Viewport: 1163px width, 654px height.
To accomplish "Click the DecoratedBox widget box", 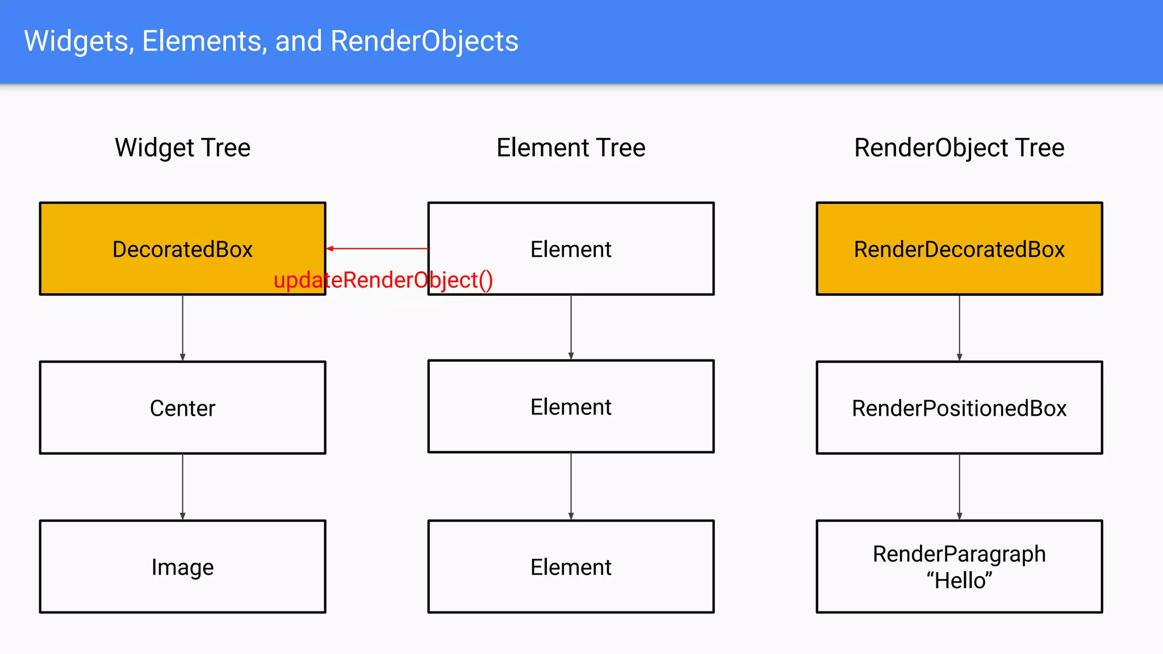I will point(182,249).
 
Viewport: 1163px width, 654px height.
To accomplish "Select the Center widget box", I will point(182,408).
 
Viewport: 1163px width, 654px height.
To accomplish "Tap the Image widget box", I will point(182,567).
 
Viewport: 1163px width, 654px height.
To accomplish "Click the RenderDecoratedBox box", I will point(959,249).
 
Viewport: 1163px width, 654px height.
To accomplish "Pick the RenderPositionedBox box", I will point(959,408).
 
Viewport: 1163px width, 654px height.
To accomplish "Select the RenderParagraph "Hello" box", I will point(959,567).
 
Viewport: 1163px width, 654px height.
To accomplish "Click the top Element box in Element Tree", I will point(571,249).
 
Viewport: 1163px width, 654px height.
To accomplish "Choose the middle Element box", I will point(571,406).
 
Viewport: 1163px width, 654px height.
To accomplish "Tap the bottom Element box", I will point(571,567).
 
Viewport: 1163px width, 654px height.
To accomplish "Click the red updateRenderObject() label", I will point(383,280).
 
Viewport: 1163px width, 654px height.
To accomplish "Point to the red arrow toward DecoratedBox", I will point(377,249).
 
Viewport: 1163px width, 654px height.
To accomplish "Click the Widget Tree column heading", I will point(182,148).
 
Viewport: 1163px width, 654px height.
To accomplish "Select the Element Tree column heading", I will point(571,148).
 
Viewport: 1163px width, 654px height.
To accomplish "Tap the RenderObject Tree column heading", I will point(959,148).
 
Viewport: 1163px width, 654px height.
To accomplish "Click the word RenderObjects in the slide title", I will point(424,41).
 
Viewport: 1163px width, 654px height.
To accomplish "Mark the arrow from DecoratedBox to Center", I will point(182,328).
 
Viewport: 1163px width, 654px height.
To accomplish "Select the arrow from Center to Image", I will point(182,487).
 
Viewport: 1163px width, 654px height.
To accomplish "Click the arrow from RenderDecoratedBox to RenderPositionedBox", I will point(959,328).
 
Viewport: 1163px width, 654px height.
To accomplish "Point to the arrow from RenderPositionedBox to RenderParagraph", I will point(959,487).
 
